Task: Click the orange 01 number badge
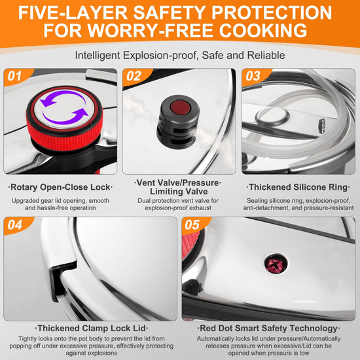coord(17,77)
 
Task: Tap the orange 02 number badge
coord(136,77)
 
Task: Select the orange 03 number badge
coord(255,77)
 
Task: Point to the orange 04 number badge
coord(17,225)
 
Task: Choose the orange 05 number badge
coord(194,225)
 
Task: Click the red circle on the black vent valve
coord(181,107)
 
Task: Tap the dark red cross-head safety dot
coord(276,264)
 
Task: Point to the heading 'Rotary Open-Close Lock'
coord(60,187)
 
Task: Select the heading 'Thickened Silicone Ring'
coord(298,187)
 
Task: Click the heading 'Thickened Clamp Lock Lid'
coord(92,329)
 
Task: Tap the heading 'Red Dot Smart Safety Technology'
coord(268,329)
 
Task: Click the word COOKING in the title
coord(263,30)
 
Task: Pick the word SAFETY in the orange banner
coord(170,12)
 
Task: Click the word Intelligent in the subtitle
coord(98,56)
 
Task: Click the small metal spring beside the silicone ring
coord(322,126)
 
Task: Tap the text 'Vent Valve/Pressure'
coord(178,183)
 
